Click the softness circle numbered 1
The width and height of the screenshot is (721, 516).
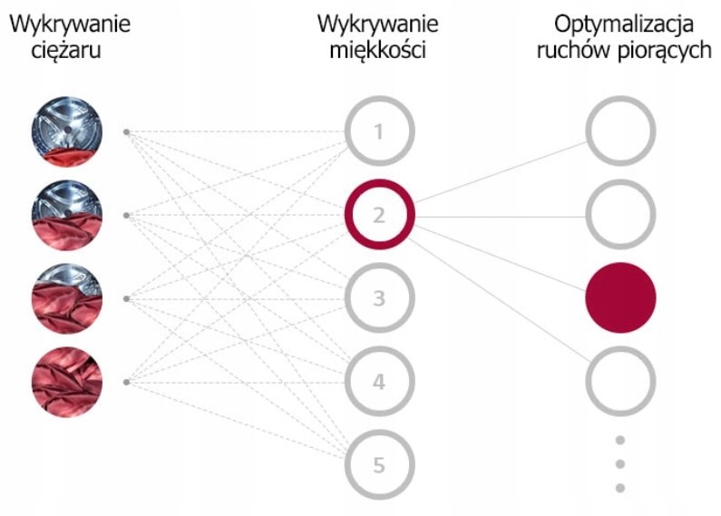coord(348,131)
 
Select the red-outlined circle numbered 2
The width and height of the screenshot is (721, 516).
coord(348,215)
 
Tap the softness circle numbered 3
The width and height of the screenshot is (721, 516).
coord(348,298)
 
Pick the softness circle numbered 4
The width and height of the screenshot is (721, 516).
coord(348,382)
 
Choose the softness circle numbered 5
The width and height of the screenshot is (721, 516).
coord(348,465)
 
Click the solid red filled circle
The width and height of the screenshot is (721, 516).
coord(620,298)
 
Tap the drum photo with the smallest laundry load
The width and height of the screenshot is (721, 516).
coord(67,131)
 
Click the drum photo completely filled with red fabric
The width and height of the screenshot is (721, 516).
coord(67,382)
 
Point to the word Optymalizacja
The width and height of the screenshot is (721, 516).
coord(624,24)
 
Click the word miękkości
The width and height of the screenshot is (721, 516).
coord(377,50)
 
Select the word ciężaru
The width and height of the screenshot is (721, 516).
coord(66,50)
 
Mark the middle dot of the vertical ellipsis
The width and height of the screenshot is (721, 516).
coord(619,464)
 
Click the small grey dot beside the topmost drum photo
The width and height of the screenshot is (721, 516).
coord(126,132)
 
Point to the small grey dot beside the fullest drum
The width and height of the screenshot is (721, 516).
coord(126,382)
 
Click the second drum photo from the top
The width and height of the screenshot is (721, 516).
coord(67,215)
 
